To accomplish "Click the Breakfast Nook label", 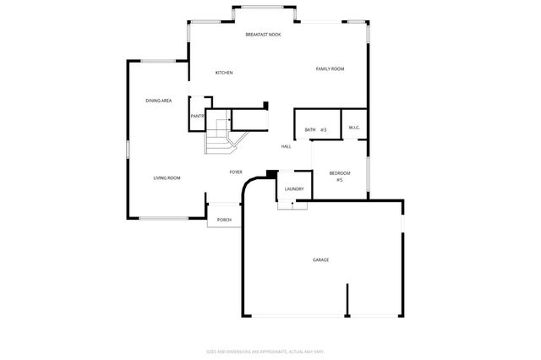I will pyautogui.click(x=263, y=35).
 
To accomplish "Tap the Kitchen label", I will pyautogui.click(x=224, y=73).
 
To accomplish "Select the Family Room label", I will pyautogui.click(x=330, y=68).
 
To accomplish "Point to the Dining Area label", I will pyautogui.click(x=158, y=101).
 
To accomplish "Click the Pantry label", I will pyautogui.click(x=197, y=116).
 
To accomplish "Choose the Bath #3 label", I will pyautogui.click(x=315, y=129).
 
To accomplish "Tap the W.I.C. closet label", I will pyautogui.click(x=354, y=128).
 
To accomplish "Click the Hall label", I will pyautogui.click(x=287, y=146).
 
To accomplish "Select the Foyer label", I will pyautogui.click(x=237, y=172).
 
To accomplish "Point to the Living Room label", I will pyautogui.click(x=167, y=177).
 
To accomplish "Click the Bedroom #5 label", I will pyautogui.click(x=339, y=176).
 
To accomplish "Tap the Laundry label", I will pyautogui.click(x=293, y=189).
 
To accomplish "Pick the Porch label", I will pyautogui.click(x=224, y=220).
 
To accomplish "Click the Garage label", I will pyautogui.click(x=320, y=259).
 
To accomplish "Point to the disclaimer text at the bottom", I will pyautogui.click(x=265, y=351).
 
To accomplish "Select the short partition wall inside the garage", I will pyautogui.click(x=346, y=300).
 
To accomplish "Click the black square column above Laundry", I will pyautogui.click(x=270, y=174).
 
